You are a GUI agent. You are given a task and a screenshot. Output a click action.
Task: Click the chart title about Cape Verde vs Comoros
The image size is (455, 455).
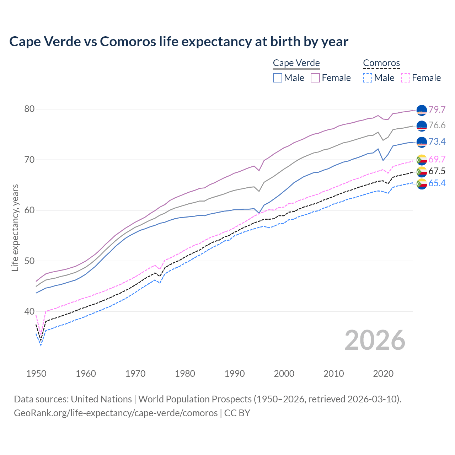(179, 42)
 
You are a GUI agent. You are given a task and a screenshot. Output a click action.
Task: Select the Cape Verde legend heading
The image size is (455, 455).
(296, 63)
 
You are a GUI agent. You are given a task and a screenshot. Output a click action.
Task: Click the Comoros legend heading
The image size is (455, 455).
(381, 63)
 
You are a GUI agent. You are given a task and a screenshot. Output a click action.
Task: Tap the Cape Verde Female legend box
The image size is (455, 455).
(315, 78)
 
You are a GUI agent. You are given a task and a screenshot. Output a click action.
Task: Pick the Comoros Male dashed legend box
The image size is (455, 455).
(368, 78)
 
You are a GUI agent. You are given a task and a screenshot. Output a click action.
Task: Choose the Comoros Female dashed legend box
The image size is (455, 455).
(406, 78)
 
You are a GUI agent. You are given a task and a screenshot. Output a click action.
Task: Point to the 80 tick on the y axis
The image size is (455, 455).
(30, 109)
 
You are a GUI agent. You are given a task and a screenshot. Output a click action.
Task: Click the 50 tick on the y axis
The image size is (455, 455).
(30, 261)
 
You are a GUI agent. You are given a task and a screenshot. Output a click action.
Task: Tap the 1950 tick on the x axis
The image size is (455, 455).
(36, 374)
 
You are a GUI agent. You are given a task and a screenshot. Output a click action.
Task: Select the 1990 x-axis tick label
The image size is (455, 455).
(235, 374)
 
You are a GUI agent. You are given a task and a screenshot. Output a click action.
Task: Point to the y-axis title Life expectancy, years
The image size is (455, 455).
(15, 227)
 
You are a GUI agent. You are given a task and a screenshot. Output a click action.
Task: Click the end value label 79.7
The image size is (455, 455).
(437, 109)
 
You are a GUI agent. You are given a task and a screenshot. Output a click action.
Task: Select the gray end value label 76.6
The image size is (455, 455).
(437, 125)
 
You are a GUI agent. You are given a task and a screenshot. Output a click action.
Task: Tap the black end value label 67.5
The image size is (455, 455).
(437, 171)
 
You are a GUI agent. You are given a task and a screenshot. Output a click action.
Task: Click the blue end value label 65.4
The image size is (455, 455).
(437, 183)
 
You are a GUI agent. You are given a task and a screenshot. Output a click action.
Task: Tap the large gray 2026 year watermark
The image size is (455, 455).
(375, 340)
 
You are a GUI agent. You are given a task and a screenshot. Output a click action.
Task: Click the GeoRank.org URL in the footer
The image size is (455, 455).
(116, 413)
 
